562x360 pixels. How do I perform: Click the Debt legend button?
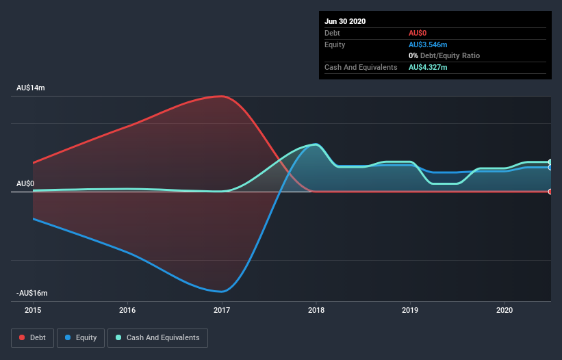[x=32, y=337]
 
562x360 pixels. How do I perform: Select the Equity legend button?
[x=81, y=337]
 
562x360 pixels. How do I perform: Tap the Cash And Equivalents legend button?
[x=157, y=337]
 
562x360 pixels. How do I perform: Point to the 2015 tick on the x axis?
[x=33, y=310]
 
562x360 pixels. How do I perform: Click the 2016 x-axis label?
[x=127, y=310]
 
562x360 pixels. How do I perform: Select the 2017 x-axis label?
[x=222, y=310]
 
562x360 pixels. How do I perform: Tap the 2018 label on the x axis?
[x=316, y=310]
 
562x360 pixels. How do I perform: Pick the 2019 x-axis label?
[x=410, y=310]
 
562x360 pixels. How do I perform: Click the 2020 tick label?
[x=504, y=310]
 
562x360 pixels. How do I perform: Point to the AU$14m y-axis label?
[x=31, y=88]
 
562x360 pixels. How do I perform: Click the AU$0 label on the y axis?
[x=25, y=183]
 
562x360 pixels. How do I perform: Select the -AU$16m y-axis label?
[x=32, y=293]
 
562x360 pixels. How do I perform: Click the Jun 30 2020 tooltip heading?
[x=345, y=21]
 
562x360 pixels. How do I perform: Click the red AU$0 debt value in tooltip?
[x=418, y=33]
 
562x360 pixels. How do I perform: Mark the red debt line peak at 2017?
[x=222, y=96]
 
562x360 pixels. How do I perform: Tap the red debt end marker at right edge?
[x=550, y=192]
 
